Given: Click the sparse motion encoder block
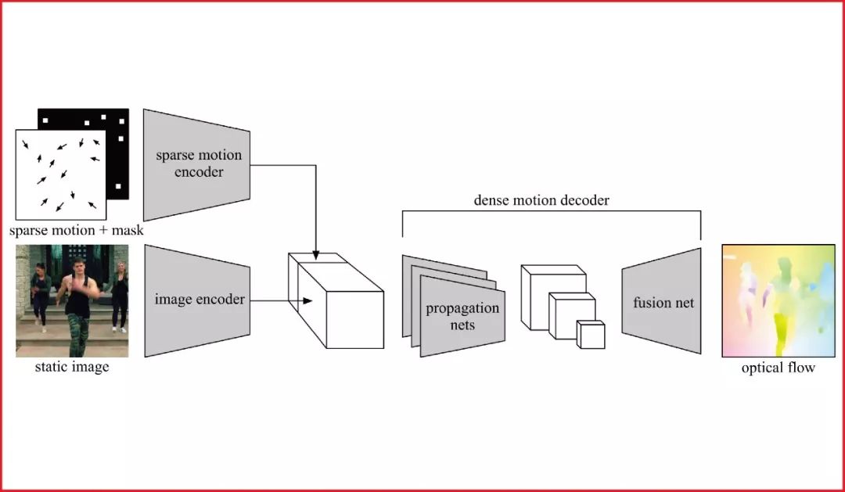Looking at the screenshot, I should point(197,164).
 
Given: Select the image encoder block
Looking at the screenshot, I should point(197,300).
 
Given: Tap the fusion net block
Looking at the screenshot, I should point(662,301).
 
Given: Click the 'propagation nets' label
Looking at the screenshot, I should point(462,316).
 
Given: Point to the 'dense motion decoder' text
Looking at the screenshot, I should point(541,200).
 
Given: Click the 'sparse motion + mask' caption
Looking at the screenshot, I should point(77,231).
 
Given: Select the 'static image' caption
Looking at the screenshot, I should point(72,367).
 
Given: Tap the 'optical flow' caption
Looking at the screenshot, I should point(778,367).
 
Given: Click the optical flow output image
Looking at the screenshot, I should point(778,300).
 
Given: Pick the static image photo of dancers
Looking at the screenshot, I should point(72,300).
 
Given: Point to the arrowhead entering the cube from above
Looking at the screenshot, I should point(315,256).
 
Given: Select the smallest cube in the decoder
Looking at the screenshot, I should point(591,335).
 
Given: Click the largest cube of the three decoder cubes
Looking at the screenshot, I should point(552,289).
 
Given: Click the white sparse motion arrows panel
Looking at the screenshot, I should point(61,174).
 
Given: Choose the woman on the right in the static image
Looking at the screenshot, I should point(120,296).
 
